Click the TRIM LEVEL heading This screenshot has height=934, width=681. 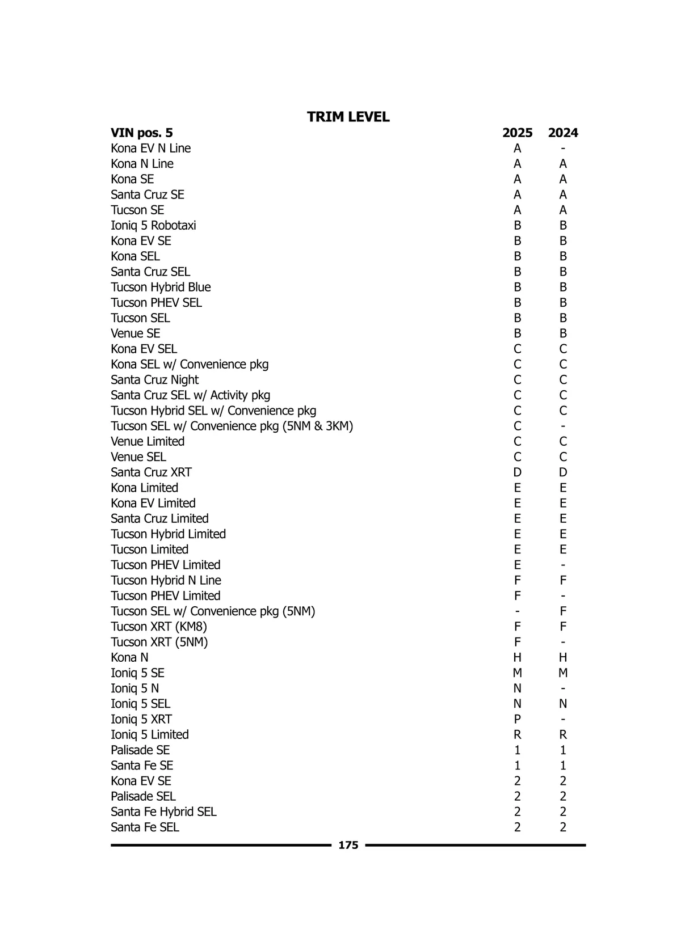(348, 117)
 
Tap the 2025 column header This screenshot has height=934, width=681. (517, 133)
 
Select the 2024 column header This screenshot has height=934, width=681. (562, 133)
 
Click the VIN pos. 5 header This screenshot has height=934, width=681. (141, 133)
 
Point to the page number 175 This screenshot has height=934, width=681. (348, 845)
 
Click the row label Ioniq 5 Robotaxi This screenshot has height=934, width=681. (153, 225)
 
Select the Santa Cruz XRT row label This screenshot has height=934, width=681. (151, 472)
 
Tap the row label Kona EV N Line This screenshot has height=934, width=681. (150, 148)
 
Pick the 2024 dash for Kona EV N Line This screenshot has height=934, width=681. (562, 149)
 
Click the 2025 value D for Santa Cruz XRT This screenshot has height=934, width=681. (517, 472)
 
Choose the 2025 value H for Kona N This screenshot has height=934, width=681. (517, 657)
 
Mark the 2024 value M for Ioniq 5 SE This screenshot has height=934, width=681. (562, 673)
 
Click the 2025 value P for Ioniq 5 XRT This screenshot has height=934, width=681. (517, 719)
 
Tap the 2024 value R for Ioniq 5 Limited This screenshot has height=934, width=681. (562, 734)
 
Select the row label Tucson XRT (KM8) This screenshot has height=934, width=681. (159, 627)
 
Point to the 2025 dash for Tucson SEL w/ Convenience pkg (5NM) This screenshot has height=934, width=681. (517, 611)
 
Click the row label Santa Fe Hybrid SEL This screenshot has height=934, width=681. (163, 812)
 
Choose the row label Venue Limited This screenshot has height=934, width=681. (148, 441)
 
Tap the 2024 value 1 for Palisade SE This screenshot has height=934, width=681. (562, 750)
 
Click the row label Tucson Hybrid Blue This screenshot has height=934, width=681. (161, 287)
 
